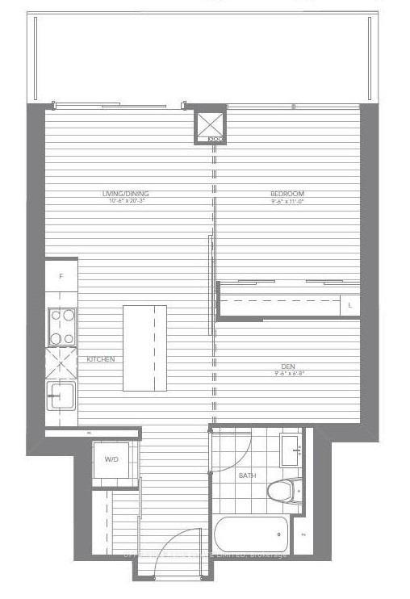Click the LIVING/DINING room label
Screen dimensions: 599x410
pyautogui.click(x=125, y=194)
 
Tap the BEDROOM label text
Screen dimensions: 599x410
pyautogui.click(x=287, y=194)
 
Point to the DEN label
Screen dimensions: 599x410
pyautogui.click(x=287, y=365)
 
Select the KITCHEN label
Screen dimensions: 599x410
pyautogui.click(x=101, y=359)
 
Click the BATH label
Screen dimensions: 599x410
pyautogui.click(x=247, y=476)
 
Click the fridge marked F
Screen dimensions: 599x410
pyautogui.click(x=61, y=276)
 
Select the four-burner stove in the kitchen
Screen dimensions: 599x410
pyautogui.click(x=62, y=327)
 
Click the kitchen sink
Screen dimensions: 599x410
pyautogui.click(x=61, y=396)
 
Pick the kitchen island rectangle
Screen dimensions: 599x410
pyautogui.click(x=145, y=348)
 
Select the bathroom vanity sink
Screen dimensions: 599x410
pyautogui.click(x=290, y=449)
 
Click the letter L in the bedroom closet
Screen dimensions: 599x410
pyautogui.click(x=350, y=306)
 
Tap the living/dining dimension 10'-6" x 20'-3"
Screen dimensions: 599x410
pyautogui.click(x=125, y=202)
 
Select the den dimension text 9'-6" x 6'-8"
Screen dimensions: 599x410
pyautogui.click(x=287, y=373)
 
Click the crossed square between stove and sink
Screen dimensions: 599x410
pyautogui.click(x=61, y=362)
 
